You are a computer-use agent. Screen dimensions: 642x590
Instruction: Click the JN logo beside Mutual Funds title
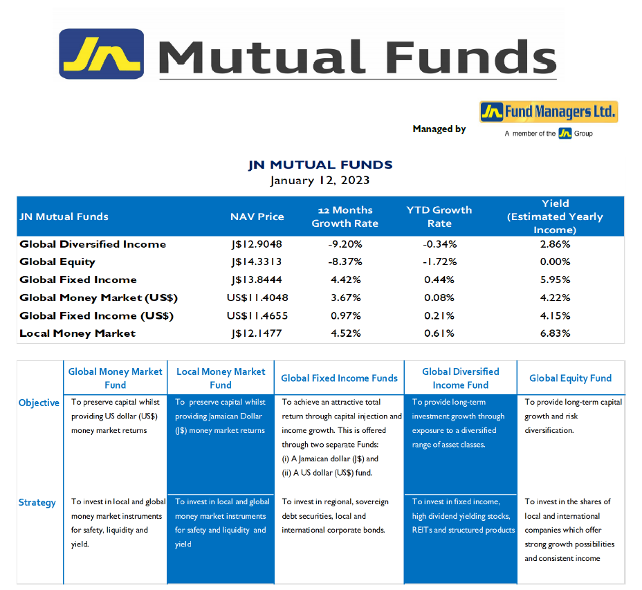click(x=102, y=54)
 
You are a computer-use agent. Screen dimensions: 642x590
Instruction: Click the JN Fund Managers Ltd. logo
click(x=549, y=112)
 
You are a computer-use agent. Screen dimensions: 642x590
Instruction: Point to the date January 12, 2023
click(x=320, y=181)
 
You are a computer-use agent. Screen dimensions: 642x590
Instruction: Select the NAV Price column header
click(x=257, y=216)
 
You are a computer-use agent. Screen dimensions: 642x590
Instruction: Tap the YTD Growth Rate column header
click(x=439, y=216)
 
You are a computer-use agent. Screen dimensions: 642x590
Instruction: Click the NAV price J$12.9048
click(x=257, y=244)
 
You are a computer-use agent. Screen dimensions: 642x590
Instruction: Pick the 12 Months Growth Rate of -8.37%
click(x=345, y=261)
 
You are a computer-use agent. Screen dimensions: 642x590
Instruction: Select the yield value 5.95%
click(x=556, y=279)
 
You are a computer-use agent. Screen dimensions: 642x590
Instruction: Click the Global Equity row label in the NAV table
click(x=57, y=262)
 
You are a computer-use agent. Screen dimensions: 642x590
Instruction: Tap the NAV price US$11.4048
click(x=257, y=297)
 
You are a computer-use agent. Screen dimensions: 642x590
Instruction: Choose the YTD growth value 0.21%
click(x=439, y=315)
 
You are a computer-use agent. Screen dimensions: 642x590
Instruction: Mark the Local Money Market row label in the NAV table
click(x=77, y=333)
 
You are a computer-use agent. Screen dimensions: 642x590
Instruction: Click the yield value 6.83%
click(x=556, y=333)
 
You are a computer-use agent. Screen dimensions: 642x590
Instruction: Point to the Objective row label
click(x=39, y=403)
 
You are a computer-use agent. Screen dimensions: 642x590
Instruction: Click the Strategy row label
click(x=37, y=502)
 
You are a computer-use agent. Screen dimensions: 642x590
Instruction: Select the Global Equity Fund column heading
click(x=570, y=378)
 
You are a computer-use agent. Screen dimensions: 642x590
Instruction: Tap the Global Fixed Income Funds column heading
click(x=339, y=378)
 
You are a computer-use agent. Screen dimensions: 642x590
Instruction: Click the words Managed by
click(x=439, y=129)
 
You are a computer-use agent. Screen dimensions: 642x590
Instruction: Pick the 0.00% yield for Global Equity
click(x=556, y=261)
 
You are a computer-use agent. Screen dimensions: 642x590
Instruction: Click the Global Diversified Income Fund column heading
click(x=461, y=378)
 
